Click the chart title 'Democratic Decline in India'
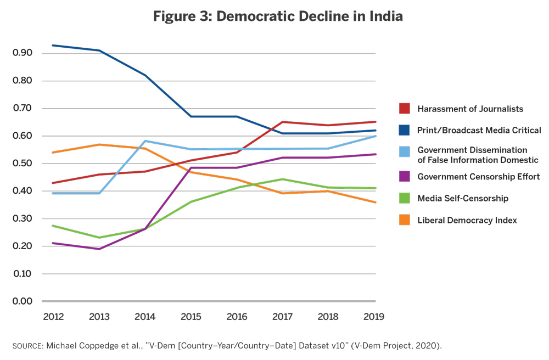coord(310,16)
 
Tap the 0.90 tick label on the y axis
coord(23,53)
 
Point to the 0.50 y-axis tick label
coord(23,164)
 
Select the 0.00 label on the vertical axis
coord(23,301)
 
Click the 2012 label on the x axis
coord(53,317)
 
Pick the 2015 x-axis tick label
coord(191,317)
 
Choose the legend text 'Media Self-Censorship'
coord(463,198)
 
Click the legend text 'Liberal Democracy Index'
coord(467,220)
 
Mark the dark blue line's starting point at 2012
coord(53,45)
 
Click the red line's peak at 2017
coord(283,122)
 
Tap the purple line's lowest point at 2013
coord(99,249)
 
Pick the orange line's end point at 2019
coord(376,202)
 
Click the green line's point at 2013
coord(99,238)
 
